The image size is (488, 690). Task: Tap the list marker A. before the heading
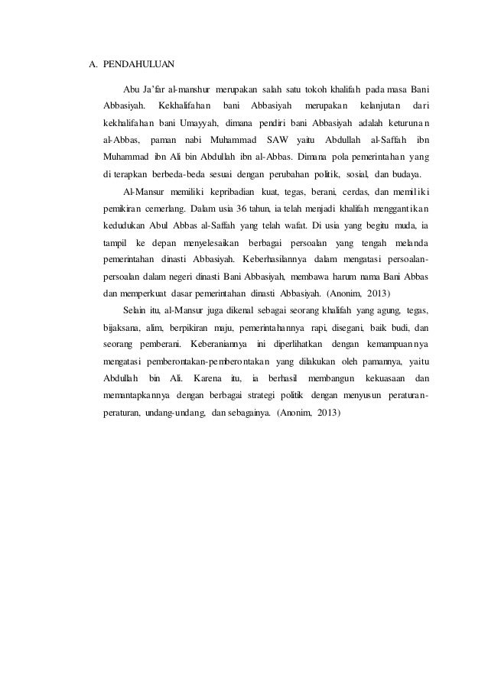tap(89, 63)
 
